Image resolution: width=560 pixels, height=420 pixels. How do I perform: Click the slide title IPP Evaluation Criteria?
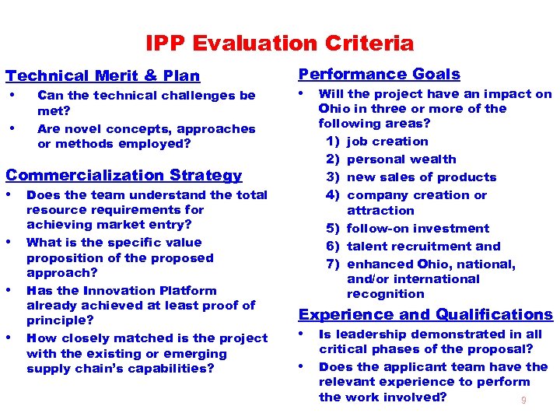pyautogui.click(x=279, y=43)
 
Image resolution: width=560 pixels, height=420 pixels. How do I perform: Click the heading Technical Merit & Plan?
pyautogui.click(x=103, y=75)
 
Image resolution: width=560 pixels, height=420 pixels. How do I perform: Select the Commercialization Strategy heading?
pyautogui.click(x=124, y=176)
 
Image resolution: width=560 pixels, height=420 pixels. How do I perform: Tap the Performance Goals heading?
pyautogui.click(x=380, y=74)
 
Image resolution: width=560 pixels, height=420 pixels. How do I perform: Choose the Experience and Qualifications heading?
pyautogui.click(x=425, y=314)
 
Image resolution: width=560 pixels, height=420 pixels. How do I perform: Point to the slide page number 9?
pyautogui.click(x=523, y=400)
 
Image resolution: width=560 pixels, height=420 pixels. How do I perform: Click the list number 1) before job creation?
pyautogui.click(x=334, y=142)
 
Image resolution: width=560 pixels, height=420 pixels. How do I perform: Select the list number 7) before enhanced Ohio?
pyautogui.click(x=334, y=264)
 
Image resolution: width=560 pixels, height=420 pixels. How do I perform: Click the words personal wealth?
pyautogui.click(x=401, y=159)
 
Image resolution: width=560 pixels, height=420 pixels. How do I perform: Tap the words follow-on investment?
pyautogui.click(x=418, y=229)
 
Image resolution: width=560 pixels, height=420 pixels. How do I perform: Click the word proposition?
pyautogui.click(x=65, y=258)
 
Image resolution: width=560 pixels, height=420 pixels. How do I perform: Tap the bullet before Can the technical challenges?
pyautogui.click(x=11, y=95)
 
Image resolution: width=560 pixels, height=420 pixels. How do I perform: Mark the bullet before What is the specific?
pyautogui.click(x=11, y=242)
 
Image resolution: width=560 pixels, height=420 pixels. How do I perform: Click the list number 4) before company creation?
pyautogui.click(x=334, y=195)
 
